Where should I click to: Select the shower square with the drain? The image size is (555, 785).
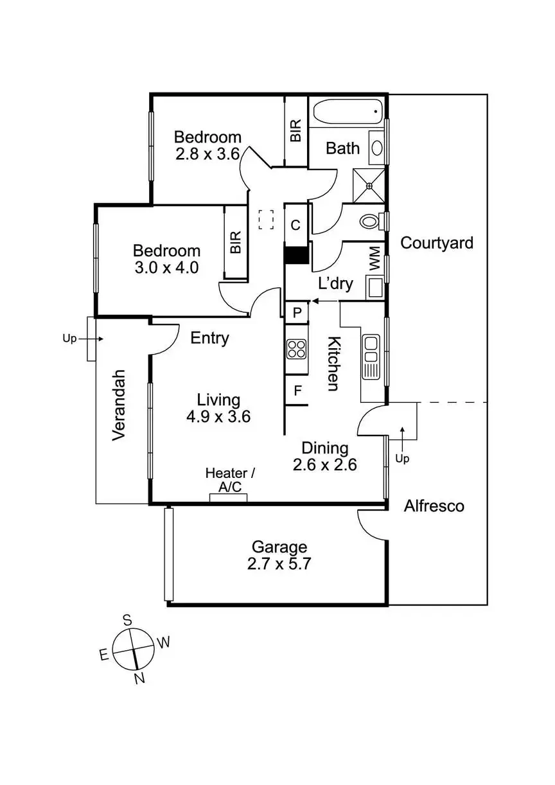coord(369,186)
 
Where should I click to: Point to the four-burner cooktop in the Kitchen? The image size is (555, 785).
coord(297,349)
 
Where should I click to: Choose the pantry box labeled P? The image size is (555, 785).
coord(297,312)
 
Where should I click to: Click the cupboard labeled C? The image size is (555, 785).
coord(295,225)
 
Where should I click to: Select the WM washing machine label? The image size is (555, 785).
coord(374,258)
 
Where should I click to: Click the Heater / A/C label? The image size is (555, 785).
coord(230,480)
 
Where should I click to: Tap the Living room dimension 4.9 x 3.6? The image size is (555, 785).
coord(218,417)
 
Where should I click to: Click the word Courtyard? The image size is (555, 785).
coord(437,243)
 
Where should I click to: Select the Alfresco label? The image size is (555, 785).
coord(434,506)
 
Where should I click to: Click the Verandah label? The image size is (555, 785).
coord(119,405)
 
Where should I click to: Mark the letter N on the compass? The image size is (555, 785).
coord(139,678)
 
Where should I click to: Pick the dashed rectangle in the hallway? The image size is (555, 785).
coord(266,220)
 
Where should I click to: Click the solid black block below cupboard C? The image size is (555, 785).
coord(296,255)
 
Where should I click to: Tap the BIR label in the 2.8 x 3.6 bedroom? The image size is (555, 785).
coord(295,130)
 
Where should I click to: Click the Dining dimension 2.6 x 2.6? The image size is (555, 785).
coord(325,464)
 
